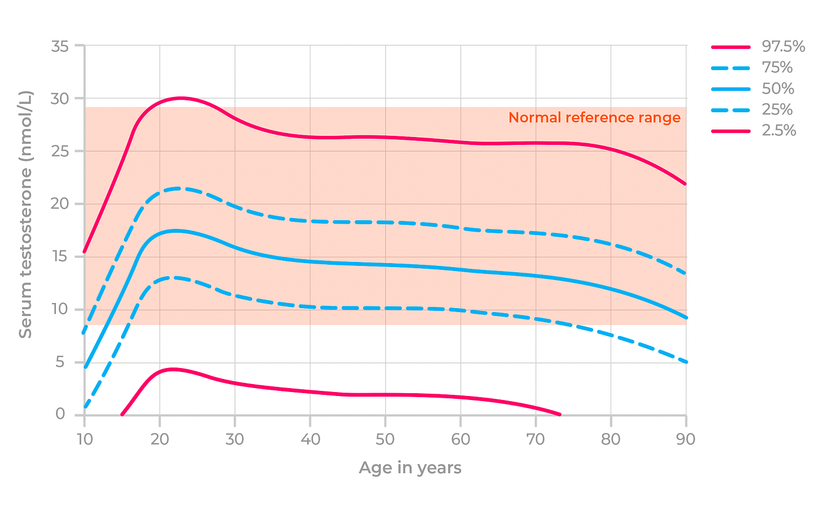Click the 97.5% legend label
[x=783, y=47]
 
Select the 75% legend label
[x=777, y=68]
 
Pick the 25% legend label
[x=777, y=110]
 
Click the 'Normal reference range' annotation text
[x=594, y=118]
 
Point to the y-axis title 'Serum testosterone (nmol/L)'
[x=26, y=214]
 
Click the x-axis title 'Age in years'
[x=410, y=468]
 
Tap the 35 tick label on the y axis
[x=60, y=46]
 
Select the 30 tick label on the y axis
[x=60, y=99]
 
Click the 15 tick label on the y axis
[x=60, y=257]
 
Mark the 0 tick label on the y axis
[x=60, y=414]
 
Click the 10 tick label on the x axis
[x=84, y=439]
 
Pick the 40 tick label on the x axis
[x=310, y=439]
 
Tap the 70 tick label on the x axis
[x=535, y=439]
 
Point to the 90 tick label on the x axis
[x=686, y=439]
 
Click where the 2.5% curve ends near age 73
[x=559, y=414]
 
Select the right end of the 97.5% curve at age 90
[x=685, y=184]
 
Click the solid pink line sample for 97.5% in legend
[x=731, y=47]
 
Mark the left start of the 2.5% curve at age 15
[x=122, y=414]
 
